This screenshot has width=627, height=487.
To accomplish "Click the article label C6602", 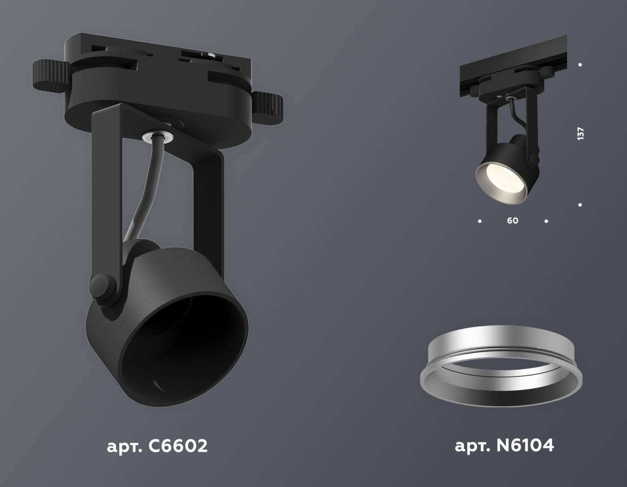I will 157,446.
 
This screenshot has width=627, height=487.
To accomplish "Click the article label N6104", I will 504,445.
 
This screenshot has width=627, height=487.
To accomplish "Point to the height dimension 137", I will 581,133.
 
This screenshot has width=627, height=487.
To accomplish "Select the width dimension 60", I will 512,221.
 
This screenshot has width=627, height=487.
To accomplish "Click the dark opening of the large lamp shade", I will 184,349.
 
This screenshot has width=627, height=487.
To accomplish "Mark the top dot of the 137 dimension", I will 580,65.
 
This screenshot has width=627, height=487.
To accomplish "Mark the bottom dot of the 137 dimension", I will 580,205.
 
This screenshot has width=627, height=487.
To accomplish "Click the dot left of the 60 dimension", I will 480,221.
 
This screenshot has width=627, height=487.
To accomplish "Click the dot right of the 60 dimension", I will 546,221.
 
